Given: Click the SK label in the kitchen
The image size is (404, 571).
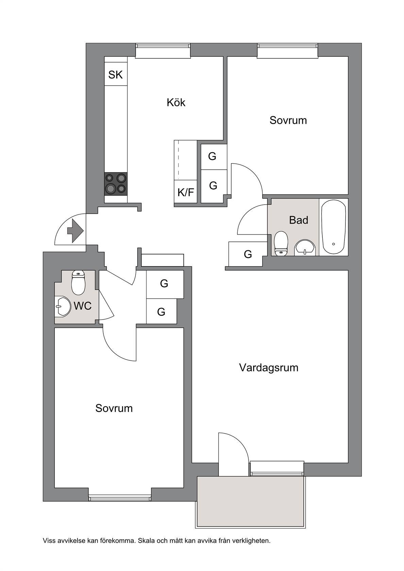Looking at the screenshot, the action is tap(116, 75).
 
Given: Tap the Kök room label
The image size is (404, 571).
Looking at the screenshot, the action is tap(176, 103).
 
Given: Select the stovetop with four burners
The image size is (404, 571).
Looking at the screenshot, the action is tap(116, 184).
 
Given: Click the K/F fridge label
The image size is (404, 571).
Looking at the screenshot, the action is tap(186, 192).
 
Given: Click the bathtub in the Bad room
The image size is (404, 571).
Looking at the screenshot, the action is tap(334, 227).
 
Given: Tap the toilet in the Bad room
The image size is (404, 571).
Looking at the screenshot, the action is tap(281, 243).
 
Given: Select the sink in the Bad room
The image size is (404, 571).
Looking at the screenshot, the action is tap(305, 247).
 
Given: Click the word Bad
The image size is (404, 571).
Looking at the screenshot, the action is tap(299, 220).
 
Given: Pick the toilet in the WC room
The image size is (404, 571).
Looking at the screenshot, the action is tap(79, 283).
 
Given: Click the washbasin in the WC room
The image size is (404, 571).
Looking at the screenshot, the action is tap(63, 307).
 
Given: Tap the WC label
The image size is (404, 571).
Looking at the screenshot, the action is tap(83, 306).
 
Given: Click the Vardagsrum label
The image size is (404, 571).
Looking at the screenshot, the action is tap(269, 368).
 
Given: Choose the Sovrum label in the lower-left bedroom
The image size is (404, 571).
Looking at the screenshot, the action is tap(114, 408).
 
